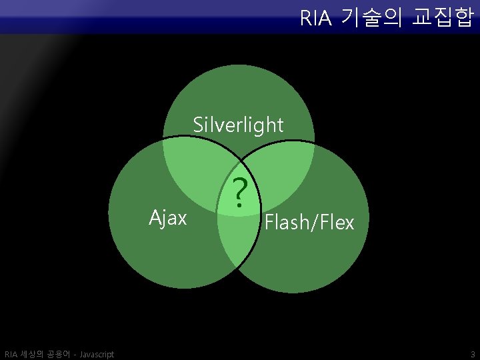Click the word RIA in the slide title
click(315, 18)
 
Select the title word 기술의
click(369, 18)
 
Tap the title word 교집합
click(443, 18)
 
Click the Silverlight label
click(238, 125)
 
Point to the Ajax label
click(167, 217)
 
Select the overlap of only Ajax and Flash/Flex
click(237, 240)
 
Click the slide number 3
click(472, 354)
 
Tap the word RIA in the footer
click(11, 354)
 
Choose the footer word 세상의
click(33, 354)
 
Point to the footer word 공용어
click(59, 354)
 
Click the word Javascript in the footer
click(96, 354)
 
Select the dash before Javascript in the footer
click(74, 354)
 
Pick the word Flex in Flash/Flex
click(336, 222)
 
